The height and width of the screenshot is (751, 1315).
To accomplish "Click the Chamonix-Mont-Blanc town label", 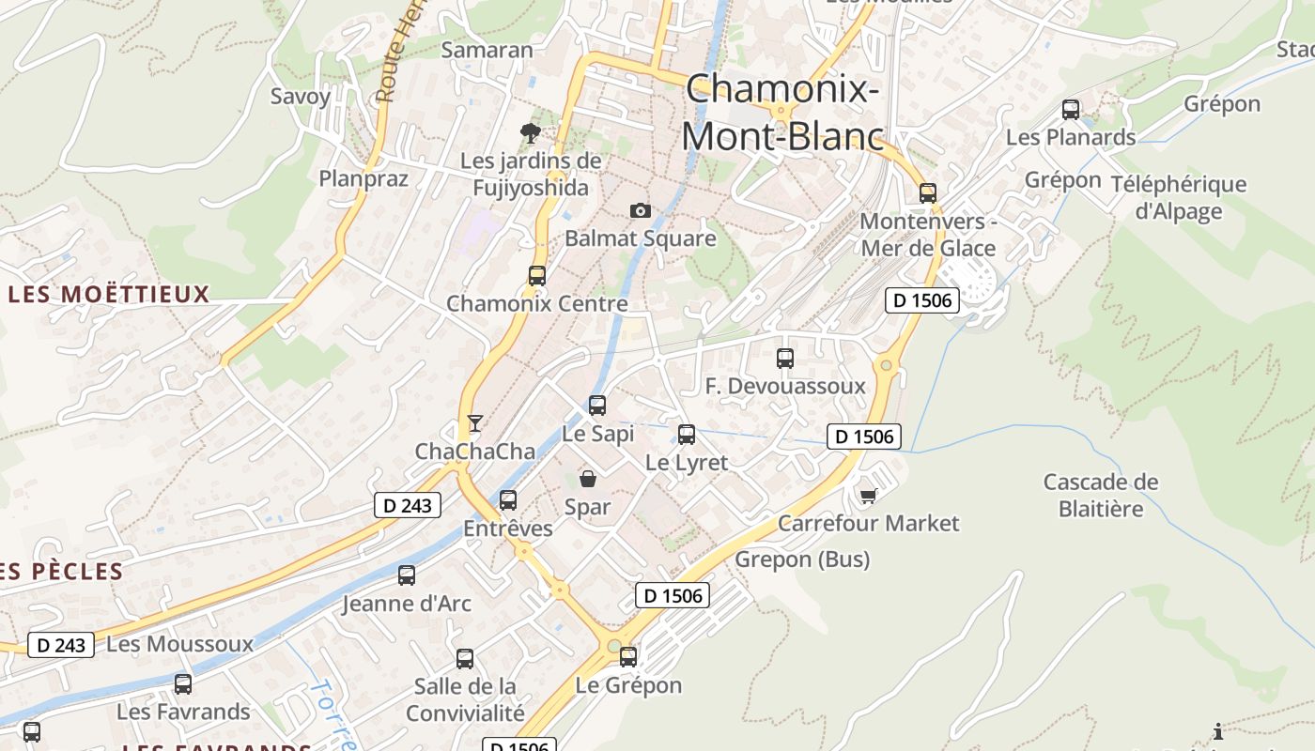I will pos(781,113).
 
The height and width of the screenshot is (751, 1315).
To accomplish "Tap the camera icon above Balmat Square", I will pos(640,210).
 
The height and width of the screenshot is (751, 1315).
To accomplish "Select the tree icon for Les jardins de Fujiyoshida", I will pos(530,132).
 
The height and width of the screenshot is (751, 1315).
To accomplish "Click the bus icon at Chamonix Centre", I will pos(536,276).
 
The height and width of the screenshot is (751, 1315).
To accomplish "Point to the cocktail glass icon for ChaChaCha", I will pos(475,423).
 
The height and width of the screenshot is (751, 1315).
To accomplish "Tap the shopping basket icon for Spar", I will pos(588,479).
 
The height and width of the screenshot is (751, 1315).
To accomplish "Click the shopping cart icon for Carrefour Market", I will pos(869,495).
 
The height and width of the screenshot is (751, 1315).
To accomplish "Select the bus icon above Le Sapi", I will pos(597,406).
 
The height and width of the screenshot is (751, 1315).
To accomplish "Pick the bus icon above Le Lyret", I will pos(687,435).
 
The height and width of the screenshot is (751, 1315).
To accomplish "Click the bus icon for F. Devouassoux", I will pos(785,359).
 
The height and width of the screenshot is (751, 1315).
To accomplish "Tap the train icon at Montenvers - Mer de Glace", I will pos(928,193).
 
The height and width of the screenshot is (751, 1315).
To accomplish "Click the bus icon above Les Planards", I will pos(1071,110).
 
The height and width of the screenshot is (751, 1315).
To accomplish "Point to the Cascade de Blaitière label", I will pos(1101,496).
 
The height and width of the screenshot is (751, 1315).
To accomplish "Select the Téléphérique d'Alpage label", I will pos(1179,197).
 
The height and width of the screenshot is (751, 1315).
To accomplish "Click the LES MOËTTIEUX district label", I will pos(109,295).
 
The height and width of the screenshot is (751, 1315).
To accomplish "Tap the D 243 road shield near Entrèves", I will pos(408,505).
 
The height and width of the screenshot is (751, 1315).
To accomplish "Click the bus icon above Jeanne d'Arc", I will pos(407,575).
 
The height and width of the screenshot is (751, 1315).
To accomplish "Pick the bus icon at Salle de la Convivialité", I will pos(465,659).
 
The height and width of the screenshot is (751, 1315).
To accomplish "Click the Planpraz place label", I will pos(364,178).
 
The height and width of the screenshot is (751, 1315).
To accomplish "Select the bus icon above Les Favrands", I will pos(183,684).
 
